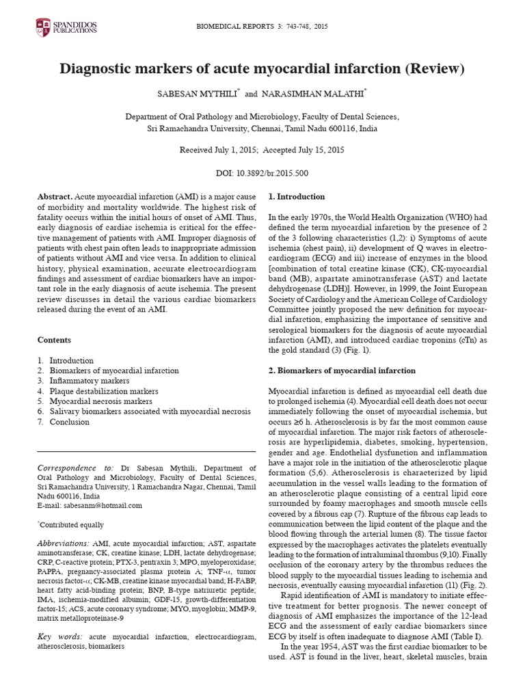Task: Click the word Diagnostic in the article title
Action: pos(97,70)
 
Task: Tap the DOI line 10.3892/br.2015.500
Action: pos(262,174)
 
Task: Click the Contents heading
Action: pos(54,339)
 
